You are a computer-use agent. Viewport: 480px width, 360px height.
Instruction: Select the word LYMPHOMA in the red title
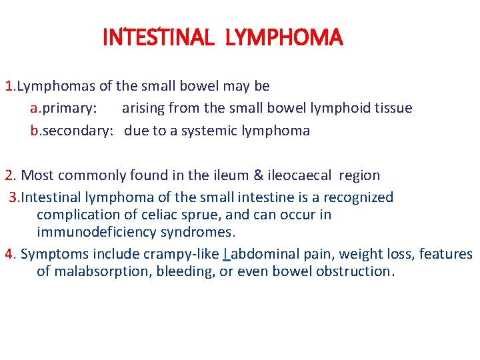click(x=284, y=38)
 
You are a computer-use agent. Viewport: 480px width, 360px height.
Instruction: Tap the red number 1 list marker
click(x=9, y=86)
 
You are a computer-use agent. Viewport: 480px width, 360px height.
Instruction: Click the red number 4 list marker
click(x=9, y=254)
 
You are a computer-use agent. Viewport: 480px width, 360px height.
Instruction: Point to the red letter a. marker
click(x=35, y=108)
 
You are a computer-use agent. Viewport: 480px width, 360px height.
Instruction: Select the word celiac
click(x=181, y=215)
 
